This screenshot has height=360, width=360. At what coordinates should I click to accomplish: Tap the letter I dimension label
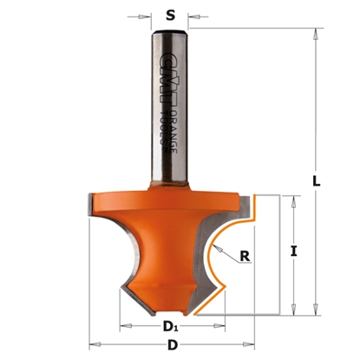296,252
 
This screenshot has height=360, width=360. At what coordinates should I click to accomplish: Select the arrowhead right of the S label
193,15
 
